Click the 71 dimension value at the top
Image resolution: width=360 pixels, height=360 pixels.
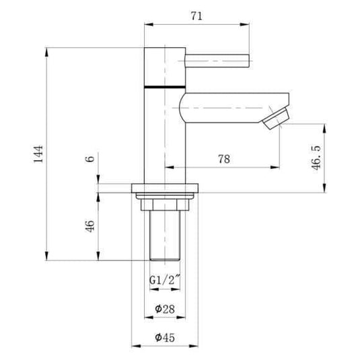(x=196, y=16)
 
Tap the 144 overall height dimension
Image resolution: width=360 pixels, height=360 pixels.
(x=38, y=154)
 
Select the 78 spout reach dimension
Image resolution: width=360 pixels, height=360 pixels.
(x=224, y=159)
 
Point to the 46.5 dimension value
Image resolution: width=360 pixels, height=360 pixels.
(x=316, y=157)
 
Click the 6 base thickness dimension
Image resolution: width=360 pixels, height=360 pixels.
(x=90, y=159)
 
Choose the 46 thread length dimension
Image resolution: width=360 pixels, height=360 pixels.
(x=90, y=226)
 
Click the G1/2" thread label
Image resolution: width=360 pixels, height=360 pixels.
(x=165, y=280)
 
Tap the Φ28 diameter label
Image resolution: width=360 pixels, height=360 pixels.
(x=165, y=309)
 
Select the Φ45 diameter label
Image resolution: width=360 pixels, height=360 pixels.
(x=165, y=338)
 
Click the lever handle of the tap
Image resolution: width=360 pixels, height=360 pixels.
(x=217, y=61)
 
